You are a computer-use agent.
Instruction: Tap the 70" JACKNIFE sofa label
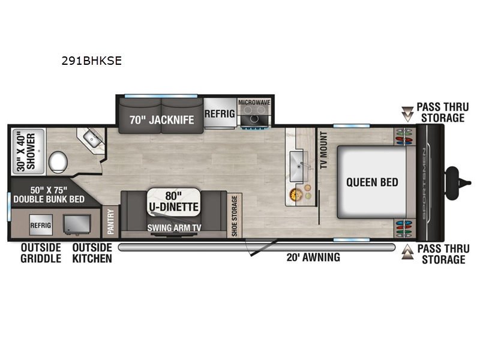[162, 119]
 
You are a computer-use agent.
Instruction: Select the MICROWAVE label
[254, 103]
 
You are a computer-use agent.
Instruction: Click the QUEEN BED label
[372, 182]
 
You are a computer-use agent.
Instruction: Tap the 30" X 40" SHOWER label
[26, 149]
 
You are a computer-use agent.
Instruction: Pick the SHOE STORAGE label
[235, 215]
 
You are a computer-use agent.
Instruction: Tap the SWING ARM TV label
[173, 229]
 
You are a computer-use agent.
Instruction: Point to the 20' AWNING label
[313, 257]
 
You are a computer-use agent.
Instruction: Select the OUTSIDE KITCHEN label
[92, 253]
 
